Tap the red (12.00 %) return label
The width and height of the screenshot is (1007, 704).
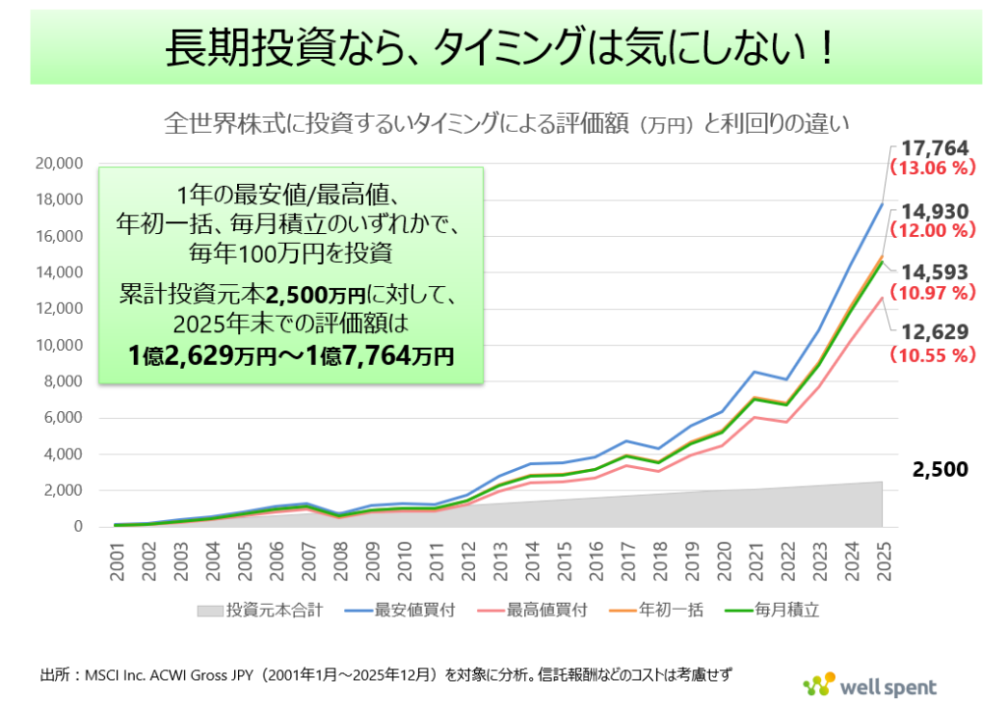point(931,230)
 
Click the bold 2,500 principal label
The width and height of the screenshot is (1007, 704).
point(941,470)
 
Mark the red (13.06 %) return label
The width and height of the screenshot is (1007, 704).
point(931,167)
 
